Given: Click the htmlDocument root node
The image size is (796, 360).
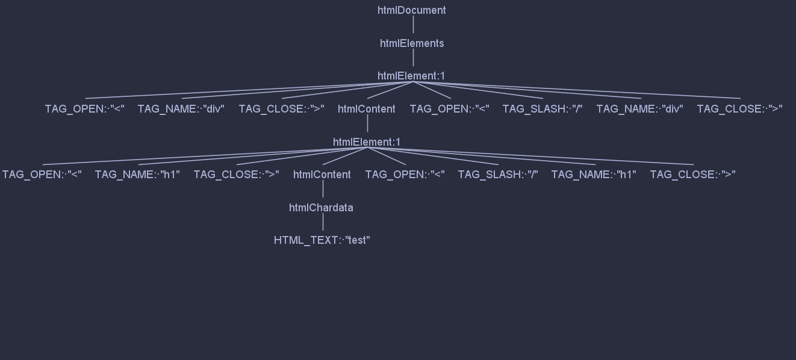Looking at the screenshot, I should pos(412,10).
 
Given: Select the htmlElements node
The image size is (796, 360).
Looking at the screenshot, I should pos(412,43).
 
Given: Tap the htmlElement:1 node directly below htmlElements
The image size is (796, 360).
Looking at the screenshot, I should pos(411,76).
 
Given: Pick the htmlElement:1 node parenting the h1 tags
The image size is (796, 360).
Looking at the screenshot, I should pos(367,142).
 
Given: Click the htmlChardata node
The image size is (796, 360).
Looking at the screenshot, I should pos(321,208).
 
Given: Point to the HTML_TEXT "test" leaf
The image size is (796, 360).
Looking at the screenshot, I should pos(322,240).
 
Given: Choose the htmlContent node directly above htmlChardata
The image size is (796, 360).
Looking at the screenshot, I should pos(322,175).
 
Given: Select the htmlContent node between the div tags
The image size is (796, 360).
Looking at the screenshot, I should pos(367,109).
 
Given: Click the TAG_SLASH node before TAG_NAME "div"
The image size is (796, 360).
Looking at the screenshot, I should pos(543,109).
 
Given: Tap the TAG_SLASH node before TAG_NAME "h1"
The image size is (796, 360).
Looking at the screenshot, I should pos(498,175).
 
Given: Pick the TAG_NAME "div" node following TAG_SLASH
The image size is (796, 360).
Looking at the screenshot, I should pos(640,109).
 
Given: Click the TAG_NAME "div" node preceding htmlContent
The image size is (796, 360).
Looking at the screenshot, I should pos(181,109).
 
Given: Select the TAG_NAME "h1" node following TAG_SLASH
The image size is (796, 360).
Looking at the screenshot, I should pos(594,175).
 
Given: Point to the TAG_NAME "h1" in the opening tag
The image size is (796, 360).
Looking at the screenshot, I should pos(138,175).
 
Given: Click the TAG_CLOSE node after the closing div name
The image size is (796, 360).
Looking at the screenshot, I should pos(740,109).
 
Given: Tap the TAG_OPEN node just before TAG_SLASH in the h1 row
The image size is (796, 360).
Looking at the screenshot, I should pos(405,175).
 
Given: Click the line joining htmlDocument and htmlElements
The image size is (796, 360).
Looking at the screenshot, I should pos(413,25).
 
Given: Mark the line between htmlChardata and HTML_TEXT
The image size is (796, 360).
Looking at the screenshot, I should pos(323,222).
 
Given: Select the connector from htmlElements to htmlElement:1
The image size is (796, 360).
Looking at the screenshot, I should pos(413,58).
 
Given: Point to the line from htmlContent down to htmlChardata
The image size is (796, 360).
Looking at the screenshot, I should pos(323,189).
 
